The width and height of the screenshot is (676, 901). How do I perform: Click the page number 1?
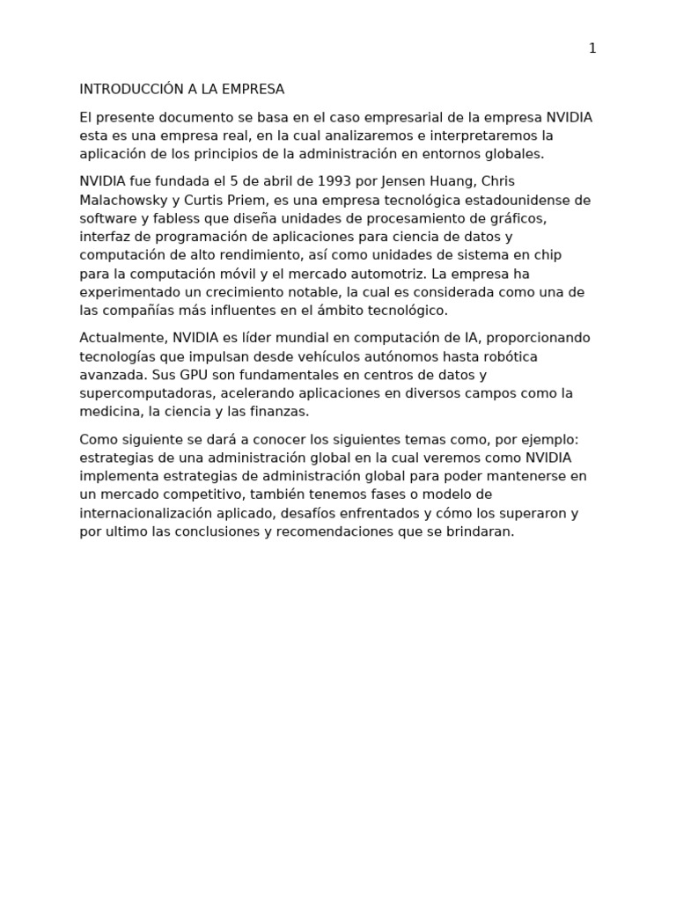[x=592, y=48]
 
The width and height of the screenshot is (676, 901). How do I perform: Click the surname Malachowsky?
[x=123, y=200]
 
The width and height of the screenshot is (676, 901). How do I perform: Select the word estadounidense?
[x=510, y=200]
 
